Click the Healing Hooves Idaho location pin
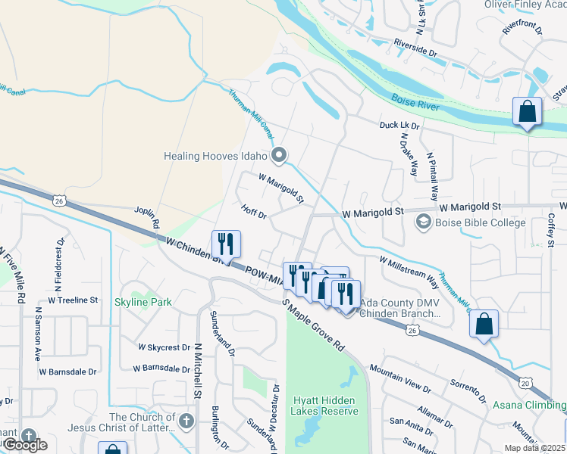(x=279, y=157)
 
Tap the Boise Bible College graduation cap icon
(x=422, y=222)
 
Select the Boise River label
(x=416, y=102)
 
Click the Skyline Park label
(x=143, y=302)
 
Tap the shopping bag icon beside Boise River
(x=527, y=112)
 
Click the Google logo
(x=24, y=446)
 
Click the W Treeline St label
(x=73, y=300)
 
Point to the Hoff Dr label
(x=254, y=213)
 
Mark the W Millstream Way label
(x=409, y=271)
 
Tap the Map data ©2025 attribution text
(x=534, y=448)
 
